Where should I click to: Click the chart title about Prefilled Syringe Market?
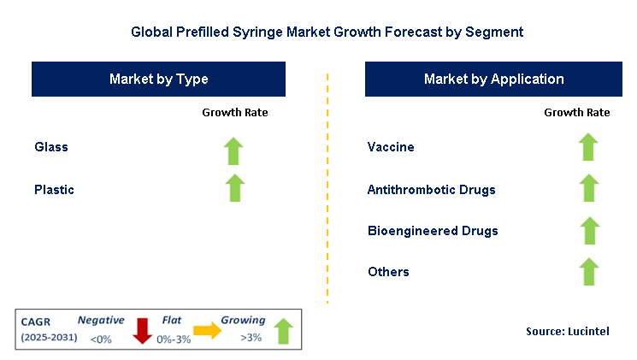coord(327,32)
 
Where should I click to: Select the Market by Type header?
coord(159,80)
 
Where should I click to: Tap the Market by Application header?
coord(493,80)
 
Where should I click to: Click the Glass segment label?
coord(51,147)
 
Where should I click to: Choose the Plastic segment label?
coord(54,190)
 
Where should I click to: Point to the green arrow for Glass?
coord(234,150)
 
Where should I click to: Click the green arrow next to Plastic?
coord(234,187)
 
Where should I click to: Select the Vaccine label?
coord(391,147)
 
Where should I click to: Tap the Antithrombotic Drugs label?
coord(431,190)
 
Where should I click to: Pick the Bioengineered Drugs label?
coord(433,231)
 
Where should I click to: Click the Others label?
coord(388,272)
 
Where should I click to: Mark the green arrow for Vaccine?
coord(587,147)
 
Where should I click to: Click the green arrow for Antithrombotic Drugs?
coord(587,188)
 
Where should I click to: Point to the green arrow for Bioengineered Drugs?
coord(587,230)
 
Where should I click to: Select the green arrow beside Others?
coord(587,271)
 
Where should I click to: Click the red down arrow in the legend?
coord(142,330)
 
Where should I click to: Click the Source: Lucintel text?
coord(568,331)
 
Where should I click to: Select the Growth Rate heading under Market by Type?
coord(234,113)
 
